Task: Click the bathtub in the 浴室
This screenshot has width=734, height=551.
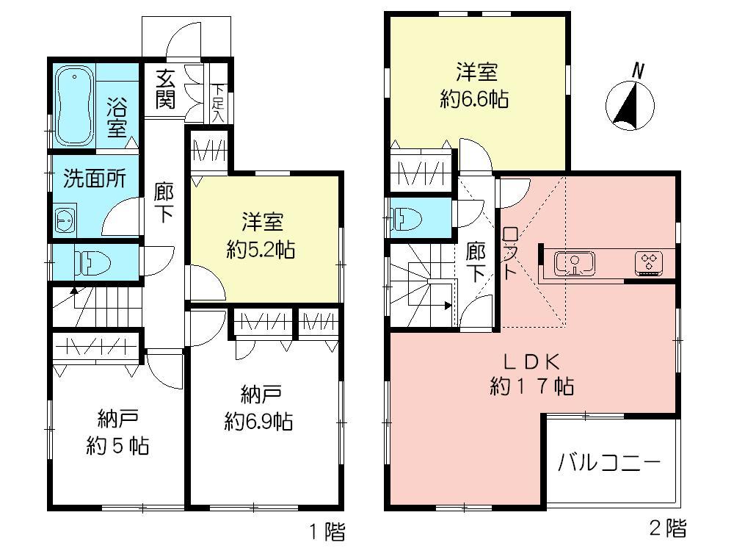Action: pyautogui.click(x=76, y=105)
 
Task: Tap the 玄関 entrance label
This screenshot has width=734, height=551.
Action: pyautogui.click(x=165, y=87)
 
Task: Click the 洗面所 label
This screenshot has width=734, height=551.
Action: pyautogui.click(x=93, y=178)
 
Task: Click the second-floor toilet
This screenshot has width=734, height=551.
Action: pyautogui.click(x=406, y=218)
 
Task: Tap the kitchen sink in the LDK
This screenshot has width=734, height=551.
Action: pyautogui.click(x=575, y=262)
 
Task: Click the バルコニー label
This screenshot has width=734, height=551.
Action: pyautogui.click(x=609, y=464)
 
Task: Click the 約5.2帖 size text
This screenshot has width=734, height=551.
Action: pyautogui.click(x=261, y=251)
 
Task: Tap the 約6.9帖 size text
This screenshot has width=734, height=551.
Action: pyautogui.click(x=259, y=421)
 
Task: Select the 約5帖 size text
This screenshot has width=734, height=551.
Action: pyautogui.click(x=117, y=445)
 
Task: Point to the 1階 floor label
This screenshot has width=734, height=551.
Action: pyautogui.click(x=325, y=530)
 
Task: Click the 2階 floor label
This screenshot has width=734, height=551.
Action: pyautogui.click(x=668, y=527)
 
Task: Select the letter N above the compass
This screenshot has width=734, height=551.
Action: pyautogui.click(x=638, y=71)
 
